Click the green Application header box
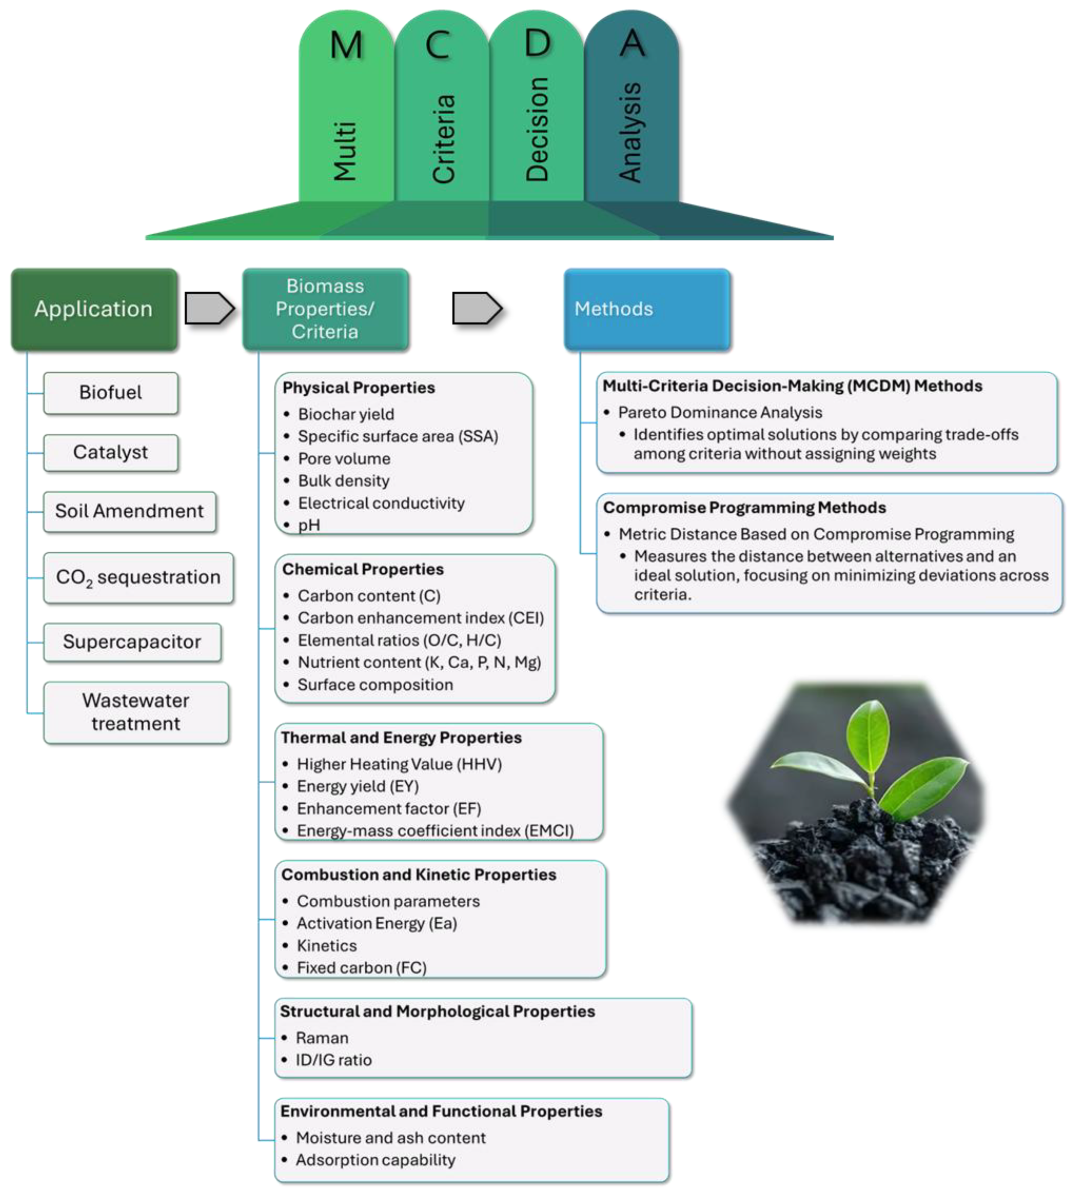pos(94,309)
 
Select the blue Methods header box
pos(647,309)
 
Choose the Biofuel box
pos(111,393)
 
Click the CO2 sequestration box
pos(138,577)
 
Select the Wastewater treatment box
pos(136,712)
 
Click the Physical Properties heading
pos(359,388)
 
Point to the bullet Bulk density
pos(343,481)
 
